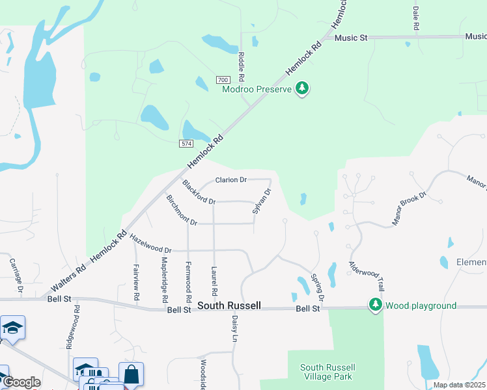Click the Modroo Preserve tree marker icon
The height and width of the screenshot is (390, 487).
pyautogui.click(x=301, y=88)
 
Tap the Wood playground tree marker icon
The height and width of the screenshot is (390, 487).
pyautogui.click(x=375, y=305)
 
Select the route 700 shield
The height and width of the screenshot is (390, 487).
pyautogui.click(x=221, y=79)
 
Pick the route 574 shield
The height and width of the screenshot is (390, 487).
pyautogui.click(x=186, y=142)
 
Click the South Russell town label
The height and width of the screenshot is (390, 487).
pyautogui.click(x=229, y=305)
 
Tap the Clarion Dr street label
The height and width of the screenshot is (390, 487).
pyautogui.click(x=231, y=179)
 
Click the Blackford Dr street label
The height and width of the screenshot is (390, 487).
pyautogui.click(x=199, y=192)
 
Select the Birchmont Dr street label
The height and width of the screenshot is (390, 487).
pyautogui.click(x=182, y=211)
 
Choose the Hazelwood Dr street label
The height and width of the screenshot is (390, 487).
pyautogui.click(x=150, y=244)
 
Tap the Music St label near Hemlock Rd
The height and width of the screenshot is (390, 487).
pyautogui.click(x=351, y=38)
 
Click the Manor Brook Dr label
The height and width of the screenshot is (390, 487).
pyautogui.click(x=408, y=209)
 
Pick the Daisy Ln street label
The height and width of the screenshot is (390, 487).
pyautogui.click(x=234, y=329)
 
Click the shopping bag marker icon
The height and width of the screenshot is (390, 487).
pyautogui.click(x=131, y=374)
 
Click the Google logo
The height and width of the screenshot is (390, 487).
pyautogui.click(x=21, y=382)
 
